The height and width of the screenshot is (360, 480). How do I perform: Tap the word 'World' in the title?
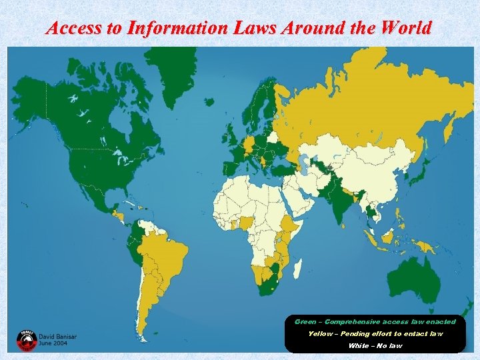point(406,28)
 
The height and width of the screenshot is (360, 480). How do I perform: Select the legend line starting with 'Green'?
point(375,321)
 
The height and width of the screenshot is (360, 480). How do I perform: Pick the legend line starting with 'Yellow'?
point(375,333)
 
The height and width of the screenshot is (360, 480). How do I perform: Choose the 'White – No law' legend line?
point(375,345)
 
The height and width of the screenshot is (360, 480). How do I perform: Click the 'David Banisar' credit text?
point(57,336)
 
